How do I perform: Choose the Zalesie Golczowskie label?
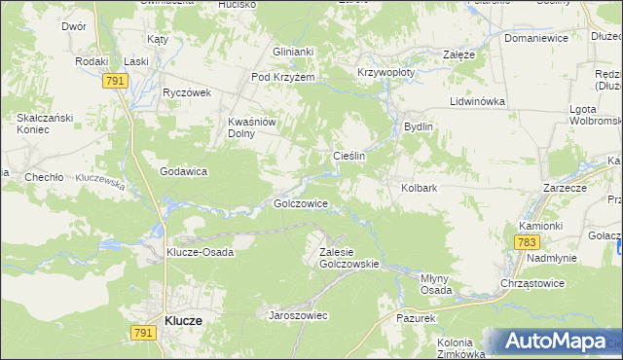pyautogui.click(x=348, y=258)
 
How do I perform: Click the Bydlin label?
pyautogui.click(x=418, y=126)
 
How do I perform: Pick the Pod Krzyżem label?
pyautogui.click(x=283, y=77)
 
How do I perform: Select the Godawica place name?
pyautogui.click(x=185, y=171)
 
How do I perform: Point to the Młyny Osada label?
pyautogui.click(x=434, y=284)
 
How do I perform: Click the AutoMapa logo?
pyautogui.click(x=556, y=342)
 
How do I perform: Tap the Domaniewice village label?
pyautogui.click(x=534, y=39)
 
